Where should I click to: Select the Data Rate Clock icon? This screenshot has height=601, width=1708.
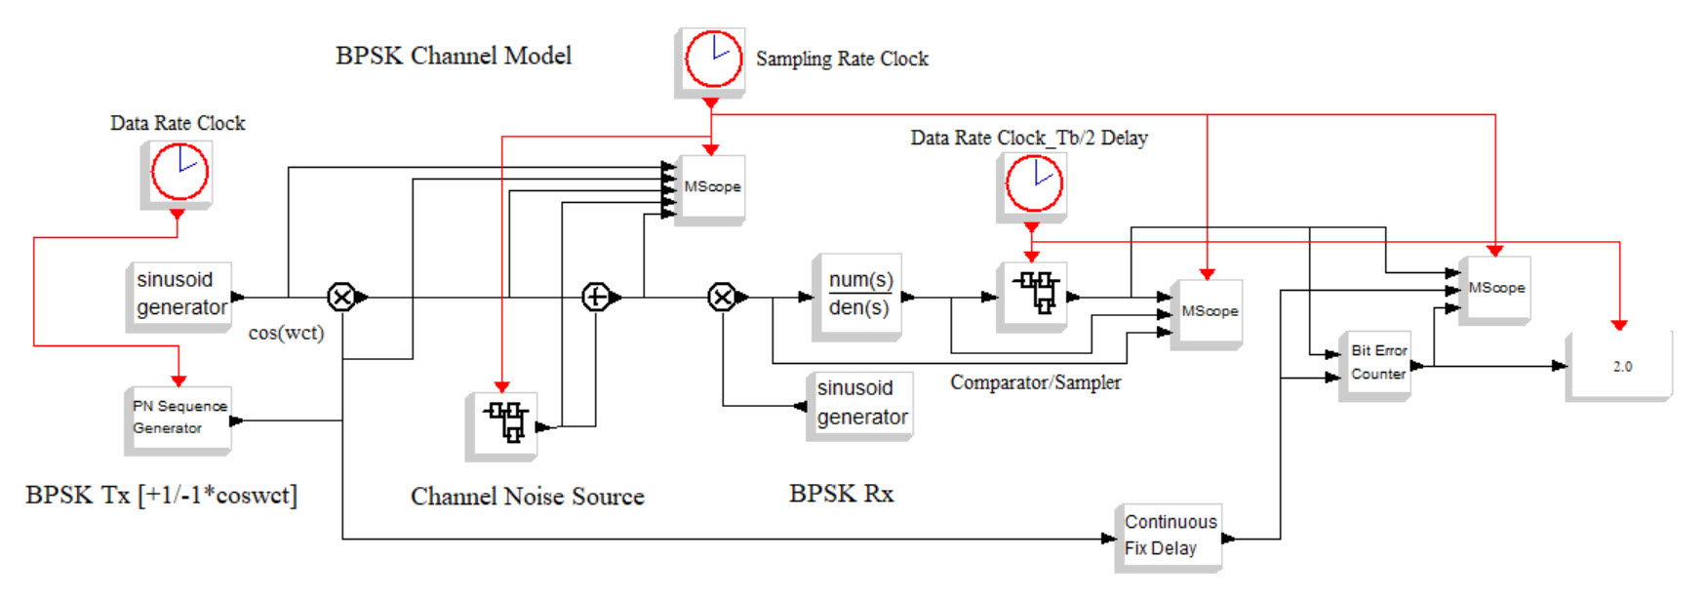coord(179,173)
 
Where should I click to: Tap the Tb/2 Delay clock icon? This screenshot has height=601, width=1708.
coord(1032,184)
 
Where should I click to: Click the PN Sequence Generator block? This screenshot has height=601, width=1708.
coord(179,419)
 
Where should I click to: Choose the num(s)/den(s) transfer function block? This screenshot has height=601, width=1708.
coord(857,295)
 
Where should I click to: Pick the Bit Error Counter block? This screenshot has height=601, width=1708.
coord(1376,363)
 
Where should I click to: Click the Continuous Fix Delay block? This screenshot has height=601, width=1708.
coord(1169,536)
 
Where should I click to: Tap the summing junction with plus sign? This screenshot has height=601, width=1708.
coord(596,297)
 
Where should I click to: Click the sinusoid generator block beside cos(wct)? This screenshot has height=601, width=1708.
coord(179,294)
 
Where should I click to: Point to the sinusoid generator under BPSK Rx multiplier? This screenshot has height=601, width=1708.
coord(860,403)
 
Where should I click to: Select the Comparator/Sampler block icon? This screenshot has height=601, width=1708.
coord(1033,294)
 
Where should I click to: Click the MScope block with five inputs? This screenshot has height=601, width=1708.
coord(711,187)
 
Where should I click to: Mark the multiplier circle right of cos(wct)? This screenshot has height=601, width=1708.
coord(341,297)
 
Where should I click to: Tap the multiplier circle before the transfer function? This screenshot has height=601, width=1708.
coord(722,297)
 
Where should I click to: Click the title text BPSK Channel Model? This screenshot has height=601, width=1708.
coord(454,57)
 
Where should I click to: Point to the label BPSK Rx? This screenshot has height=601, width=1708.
coord(841,494)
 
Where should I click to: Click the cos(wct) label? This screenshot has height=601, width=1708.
coord(286,333)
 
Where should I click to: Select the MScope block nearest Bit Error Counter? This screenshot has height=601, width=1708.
coord(1495,288)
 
